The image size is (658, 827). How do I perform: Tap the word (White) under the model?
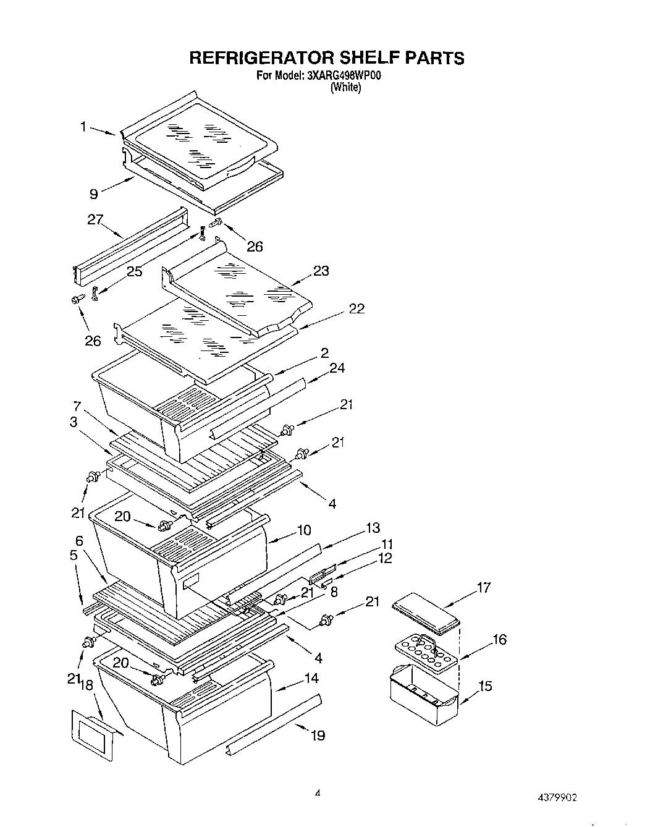(x=345, y=88)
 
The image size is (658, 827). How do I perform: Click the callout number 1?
(x=82, y=127)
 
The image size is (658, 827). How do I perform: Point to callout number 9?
(x=93, y=193)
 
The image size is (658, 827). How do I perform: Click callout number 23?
(x=321, y=270)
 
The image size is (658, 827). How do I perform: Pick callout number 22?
(x=356, y=308)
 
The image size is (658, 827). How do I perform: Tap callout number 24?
(x=337, y=368)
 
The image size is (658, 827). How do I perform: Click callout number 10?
(x=304, y=530)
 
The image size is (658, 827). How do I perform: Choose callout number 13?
(x=373, y=528)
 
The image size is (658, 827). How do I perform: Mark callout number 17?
(x=483, y=587)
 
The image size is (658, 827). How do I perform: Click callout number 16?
(x=499, y=639)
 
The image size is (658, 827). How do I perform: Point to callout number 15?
(x=485, y=685)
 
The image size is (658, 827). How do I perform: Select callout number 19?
(x=318, y=735)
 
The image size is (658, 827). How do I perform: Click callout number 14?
(x=311, y=678)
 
